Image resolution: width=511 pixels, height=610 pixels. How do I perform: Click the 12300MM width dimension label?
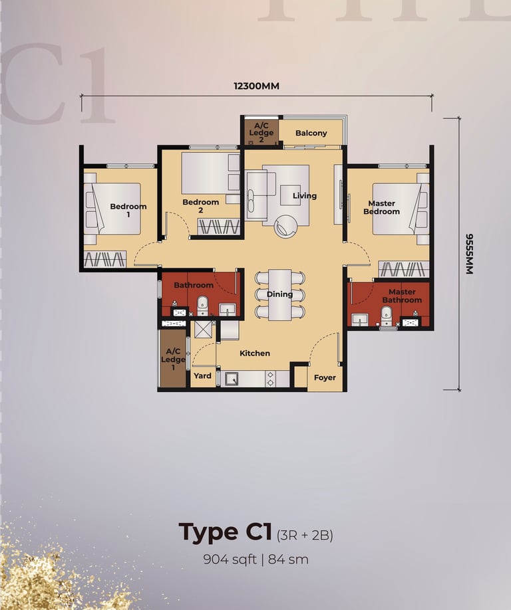256,86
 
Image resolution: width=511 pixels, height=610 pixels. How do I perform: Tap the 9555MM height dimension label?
470,254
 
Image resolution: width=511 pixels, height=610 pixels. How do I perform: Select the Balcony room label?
311,133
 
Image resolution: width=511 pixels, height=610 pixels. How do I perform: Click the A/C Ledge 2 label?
261,133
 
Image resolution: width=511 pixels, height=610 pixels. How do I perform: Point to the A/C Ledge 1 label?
173,359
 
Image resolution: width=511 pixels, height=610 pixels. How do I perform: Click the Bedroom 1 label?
128,210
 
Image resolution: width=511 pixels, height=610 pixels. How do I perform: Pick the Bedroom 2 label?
200,206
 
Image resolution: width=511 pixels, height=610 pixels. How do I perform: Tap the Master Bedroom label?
382,207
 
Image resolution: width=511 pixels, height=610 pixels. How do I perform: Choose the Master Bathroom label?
402,296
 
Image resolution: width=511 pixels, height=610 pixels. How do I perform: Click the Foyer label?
325,377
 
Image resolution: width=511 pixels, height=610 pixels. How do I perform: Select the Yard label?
202,376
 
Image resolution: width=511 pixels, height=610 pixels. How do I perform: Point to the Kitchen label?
255,354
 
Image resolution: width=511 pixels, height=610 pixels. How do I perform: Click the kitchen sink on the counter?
232,379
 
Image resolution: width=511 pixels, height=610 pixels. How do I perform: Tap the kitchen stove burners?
270,379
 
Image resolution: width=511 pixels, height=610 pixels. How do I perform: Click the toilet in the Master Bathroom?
386,316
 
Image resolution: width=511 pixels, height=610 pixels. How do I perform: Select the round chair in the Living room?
286,227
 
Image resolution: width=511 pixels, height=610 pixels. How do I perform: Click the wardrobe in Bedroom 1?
105,259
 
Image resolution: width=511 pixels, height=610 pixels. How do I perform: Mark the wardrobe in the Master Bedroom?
403,269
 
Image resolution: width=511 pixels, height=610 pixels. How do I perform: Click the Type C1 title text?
225,532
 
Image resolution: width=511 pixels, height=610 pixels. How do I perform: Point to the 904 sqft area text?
230,559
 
